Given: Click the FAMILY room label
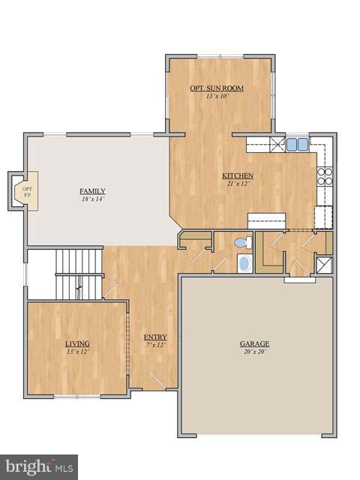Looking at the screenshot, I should (x=93, y=190).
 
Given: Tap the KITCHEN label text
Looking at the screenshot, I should (x=238, y=176).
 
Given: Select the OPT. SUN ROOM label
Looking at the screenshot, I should (x=216, y=88).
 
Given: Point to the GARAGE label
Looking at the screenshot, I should (x=254, y=343).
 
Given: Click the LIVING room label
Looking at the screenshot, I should (x=77, y=343).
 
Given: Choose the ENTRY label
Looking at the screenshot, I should (x=155, y=337).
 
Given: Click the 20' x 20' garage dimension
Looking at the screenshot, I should (x=254, y=351).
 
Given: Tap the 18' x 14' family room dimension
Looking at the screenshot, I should (x=93, y=199).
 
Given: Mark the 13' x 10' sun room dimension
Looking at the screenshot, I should (x=216, y=96).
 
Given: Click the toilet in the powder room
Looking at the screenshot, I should (x=242, y=243).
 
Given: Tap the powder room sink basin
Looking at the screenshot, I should (x=244, y=263).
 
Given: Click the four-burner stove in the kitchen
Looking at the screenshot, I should (x=325, y=176).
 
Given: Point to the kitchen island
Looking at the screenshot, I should (x=267, y=219).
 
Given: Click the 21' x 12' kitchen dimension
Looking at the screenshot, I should (x=238, y=184).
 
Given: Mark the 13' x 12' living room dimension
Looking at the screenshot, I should (x=77, y=351).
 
